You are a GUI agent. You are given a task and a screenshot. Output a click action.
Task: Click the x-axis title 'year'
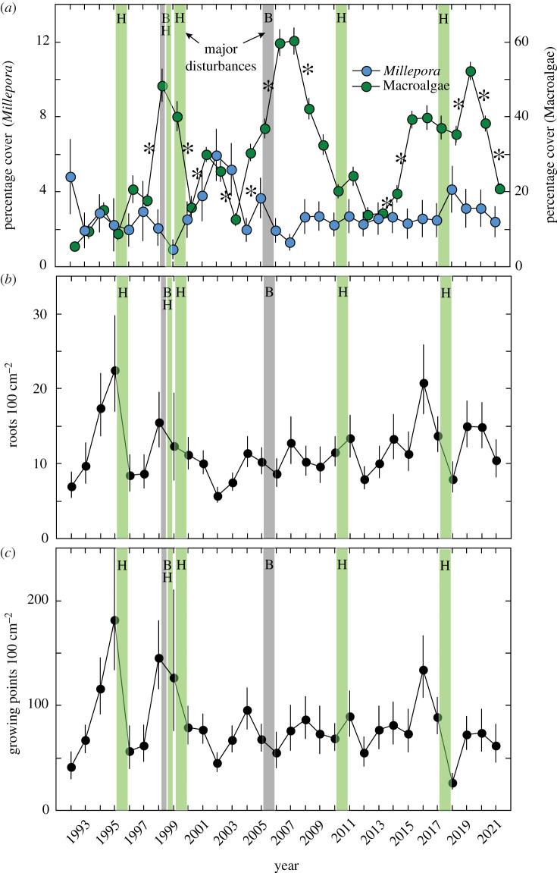click(286, 864)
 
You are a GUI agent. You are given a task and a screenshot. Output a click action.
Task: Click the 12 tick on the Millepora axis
click(45, 41)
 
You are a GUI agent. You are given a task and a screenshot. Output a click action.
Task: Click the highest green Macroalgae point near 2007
click(294, 41)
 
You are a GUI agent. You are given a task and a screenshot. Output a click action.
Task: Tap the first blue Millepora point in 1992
click(70, 177)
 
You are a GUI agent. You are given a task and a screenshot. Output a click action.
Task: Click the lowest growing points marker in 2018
click(452, 783)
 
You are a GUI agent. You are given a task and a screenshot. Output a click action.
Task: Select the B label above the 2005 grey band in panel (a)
click(268, 17)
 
